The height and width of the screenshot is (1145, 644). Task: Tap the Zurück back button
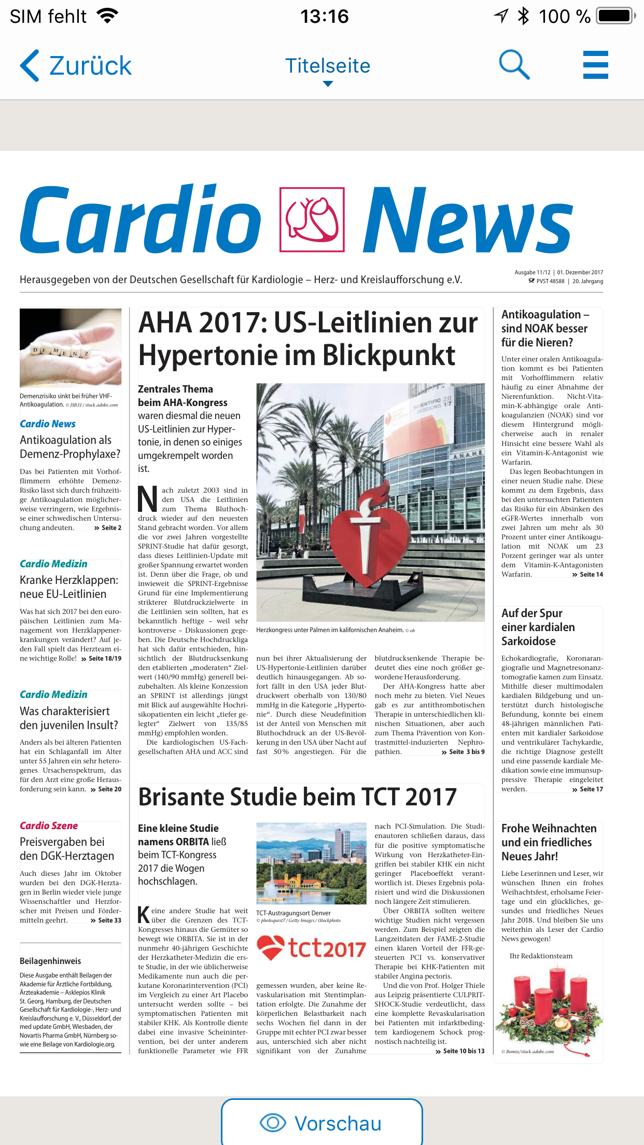pyautogui.click(x=76, y=66)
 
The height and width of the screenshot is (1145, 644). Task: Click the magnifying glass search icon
pyautogui.click(x=514, y=65)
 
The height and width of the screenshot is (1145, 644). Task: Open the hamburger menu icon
pyautogui.click(x=595, y=65)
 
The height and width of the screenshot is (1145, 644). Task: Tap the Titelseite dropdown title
pyautogui.click(x=328, y=67)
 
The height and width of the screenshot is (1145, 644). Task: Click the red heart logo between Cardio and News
pyautogui.click(x=312, y=220)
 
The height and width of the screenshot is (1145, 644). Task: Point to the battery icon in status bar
pyautogui.click(x=616, y=16)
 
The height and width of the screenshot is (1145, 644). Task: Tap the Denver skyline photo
pyautogui.click(x=311, y=863)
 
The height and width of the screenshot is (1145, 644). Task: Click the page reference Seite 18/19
pyautogui.click(x=105, y=659)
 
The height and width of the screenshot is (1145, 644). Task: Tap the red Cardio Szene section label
pyautogui.click(x=49, y=826)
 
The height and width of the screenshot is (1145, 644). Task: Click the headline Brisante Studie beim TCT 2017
pyautogui.click(x=297, y=797)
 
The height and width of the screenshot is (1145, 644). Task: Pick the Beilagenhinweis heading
pyautogui.click(x=50, y=961)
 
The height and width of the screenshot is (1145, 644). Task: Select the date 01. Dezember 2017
pyautogui.click(x=580, y=272)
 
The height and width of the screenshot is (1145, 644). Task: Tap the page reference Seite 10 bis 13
pyautogui.click(x=463, y=1051)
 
